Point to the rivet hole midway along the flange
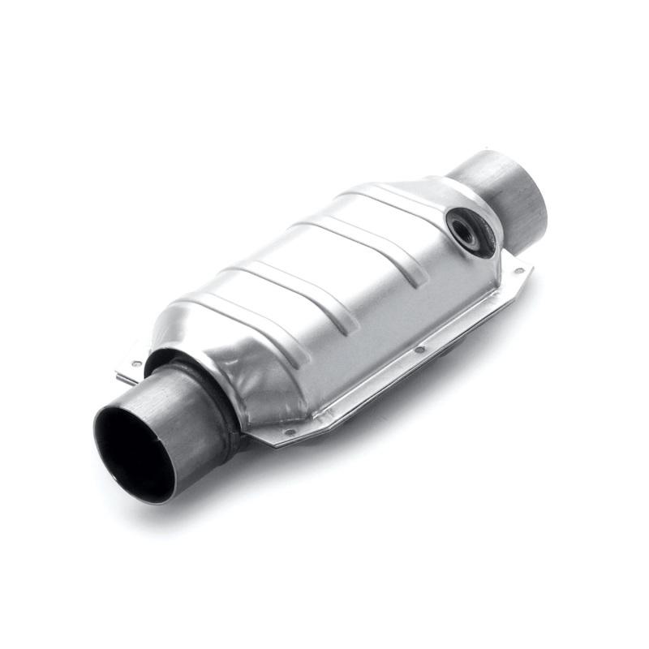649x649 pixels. point(419,350)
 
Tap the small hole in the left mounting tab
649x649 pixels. point(136,364)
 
